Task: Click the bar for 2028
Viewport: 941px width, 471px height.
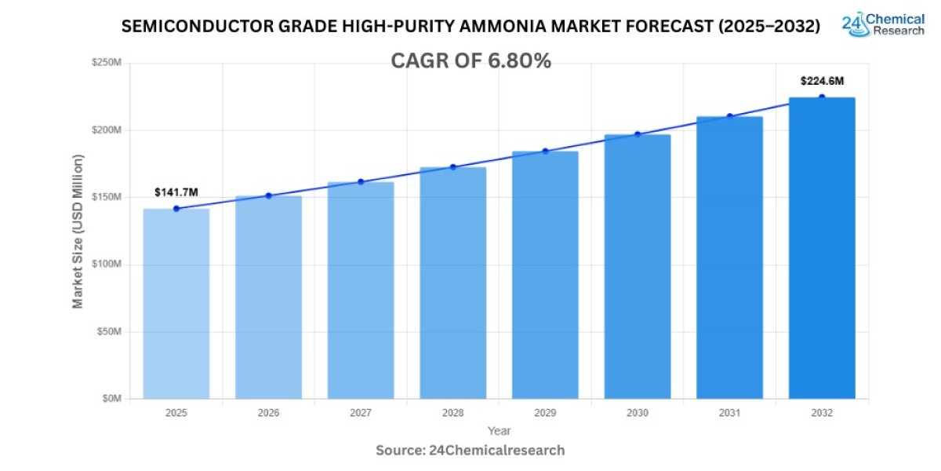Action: (x=452, y=283)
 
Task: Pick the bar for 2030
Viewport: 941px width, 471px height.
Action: (x=638, y=267)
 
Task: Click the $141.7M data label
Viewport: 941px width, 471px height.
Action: (x=176, y=192)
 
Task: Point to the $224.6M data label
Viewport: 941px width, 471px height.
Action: (x=822, y=81)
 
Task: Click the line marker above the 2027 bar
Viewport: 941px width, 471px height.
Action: (x=361, y=182)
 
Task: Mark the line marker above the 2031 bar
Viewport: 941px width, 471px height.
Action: (x=729, y=116)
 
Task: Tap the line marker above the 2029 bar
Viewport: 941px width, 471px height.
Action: (x=545, y=151)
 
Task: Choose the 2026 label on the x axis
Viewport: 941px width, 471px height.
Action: (x=268, y=412)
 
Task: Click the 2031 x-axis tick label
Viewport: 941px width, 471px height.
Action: (x=729, y=412)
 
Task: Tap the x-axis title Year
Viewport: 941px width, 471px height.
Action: (x=499, y=431)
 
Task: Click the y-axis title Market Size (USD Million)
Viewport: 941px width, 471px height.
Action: (x=78, y=231)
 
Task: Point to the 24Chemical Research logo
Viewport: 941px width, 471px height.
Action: (x=882, y=24)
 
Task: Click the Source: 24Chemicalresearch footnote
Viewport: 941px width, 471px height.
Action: (x=470, y=451)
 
